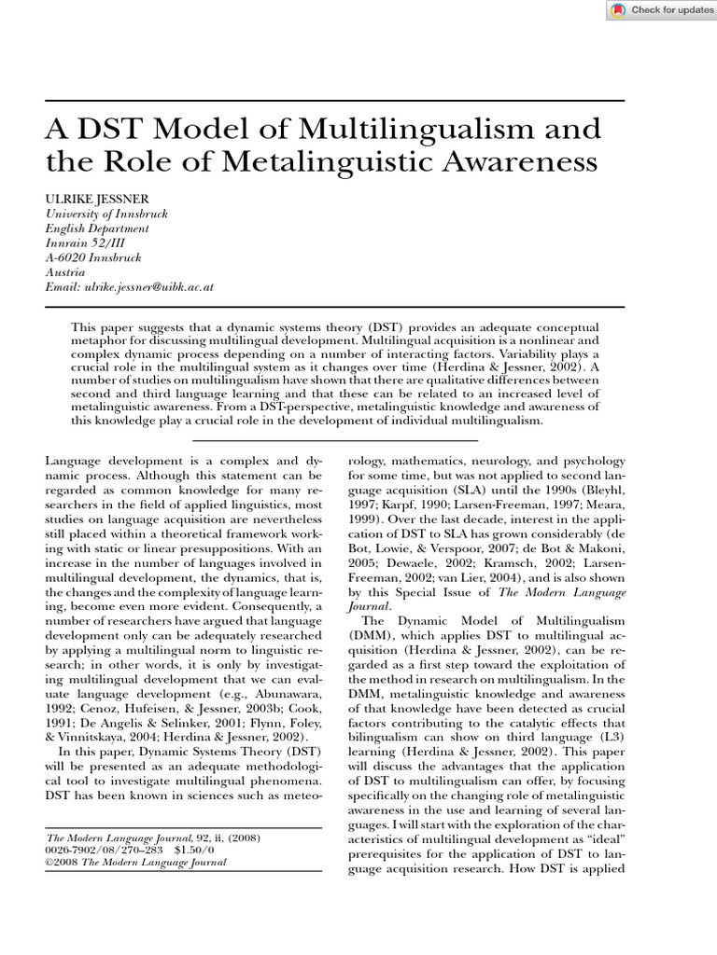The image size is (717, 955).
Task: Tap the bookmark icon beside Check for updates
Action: (x=618, y=10)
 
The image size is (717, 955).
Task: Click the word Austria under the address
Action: (x=63, y=273)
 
